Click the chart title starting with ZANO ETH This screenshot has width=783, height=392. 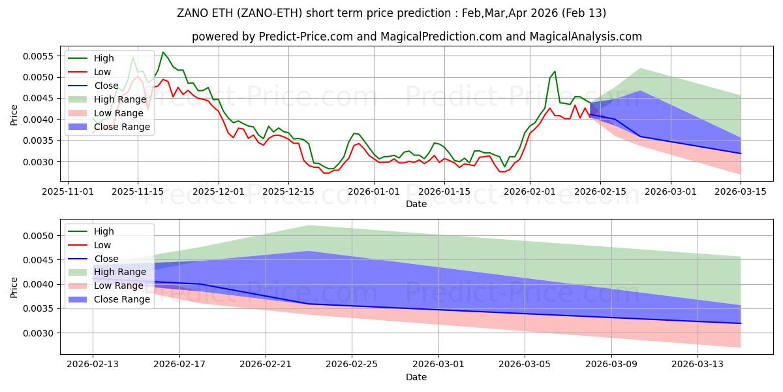click(391, 13)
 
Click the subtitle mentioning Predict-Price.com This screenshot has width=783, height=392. click(416, 37)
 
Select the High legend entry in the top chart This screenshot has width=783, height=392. click(103, 58)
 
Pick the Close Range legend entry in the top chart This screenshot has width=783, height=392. click(122, 127)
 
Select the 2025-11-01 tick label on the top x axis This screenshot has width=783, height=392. click(69, 191)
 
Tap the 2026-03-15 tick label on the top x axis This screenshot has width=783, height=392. click(741, 191)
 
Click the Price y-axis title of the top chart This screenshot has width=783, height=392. click(14, 115)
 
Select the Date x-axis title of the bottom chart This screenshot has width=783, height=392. click(416, 377)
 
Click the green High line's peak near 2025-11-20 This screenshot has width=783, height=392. click(163, 52)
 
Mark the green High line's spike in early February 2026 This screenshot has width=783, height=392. click(555, 71)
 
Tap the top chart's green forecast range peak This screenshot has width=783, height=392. click(639, 68)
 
